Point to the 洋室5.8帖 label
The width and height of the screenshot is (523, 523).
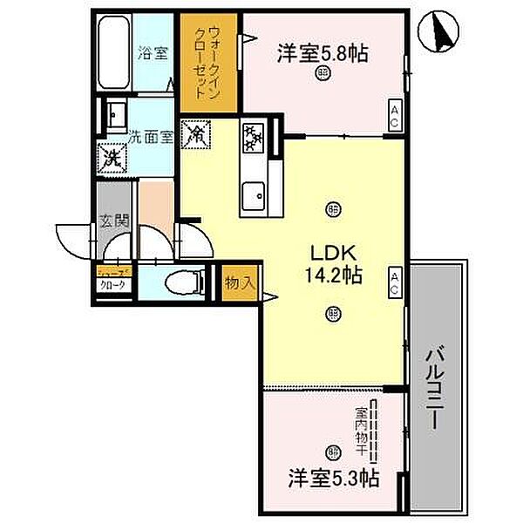point(323,52)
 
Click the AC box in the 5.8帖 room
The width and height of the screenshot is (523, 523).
point(395,115)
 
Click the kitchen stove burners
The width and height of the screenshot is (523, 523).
point(253,136)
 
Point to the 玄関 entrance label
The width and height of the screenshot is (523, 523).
point(114,221)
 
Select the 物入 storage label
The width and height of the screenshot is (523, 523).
point(239,282)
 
